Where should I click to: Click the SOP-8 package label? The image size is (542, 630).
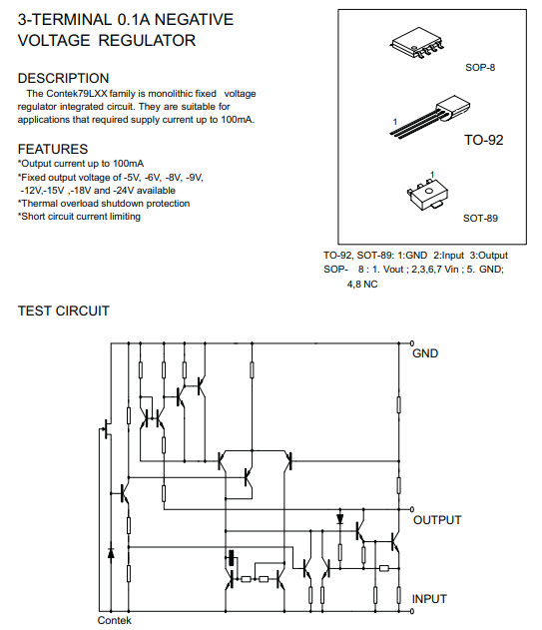[x=480, y=68]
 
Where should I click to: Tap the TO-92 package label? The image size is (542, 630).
[x=484, y=140]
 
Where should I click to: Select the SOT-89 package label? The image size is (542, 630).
[x=480, y=219]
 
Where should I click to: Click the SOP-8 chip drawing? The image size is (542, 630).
[x=417, y=42]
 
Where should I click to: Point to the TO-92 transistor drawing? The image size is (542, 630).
[x=430, y=117]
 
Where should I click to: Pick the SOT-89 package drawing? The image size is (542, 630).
[x=427, y=196]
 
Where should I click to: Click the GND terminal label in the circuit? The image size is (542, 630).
[x=425, y=353]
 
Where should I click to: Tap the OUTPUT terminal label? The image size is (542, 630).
[x=437, y=520]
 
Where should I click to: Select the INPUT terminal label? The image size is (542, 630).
[x=429, y=599]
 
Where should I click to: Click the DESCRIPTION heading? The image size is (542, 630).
[x=64, y=78]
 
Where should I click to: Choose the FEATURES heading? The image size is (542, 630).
[x=53, y=149]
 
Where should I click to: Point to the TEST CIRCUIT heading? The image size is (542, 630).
[x=64, y=311]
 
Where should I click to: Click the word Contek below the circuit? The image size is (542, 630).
[x=114, y=620]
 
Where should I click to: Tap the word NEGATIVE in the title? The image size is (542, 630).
[x=194, y=19]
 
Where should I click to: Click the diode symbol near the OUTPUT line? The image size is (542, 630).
[x=340, y=519]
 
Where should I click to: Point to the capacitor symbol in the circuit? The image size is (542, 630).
[x=231, y=558]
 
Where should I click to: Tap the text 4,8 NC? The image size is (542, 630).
[x=362, y=285]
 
